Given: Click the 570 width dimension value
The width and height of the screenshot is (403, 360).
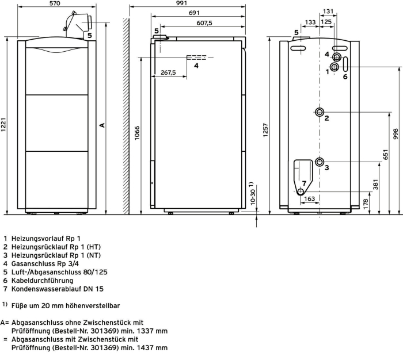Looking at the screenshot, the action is pos(55,3).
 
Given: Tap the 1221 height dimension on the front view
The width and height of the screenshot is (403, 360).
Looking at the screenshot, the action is pos(3,125).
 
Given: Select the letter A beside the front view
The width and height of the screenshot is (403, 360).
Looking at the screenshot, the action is pos(102,125).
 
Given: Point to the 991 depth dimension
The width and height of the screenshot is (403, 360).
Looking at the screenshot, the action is pos(182,3).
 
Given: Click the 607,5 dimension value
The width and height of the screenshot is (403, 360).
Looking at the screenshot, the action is pos(204,23).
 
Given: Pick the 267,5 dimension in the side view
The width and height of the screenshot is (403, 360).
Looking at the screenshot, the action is pos(168,72).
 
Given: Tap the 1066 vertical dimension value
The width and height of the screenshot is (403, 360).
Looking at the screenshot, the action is pos(137,133).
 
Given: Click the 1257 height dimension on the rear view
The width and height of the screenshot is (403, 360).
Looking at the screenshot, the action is pos(265,130).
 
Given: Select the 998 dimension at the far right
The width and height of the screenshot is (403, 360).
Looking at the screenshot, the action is pos(396,135).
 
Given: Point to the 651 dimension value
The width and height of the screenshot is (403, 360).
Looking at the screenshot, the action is pos(386,154).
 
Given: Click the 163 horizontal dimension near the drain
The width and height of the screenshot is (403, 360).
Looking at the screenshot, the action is pos(310,199).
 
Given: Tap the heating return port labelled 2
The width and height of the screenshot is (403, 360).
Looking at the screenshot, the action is pos(320,112).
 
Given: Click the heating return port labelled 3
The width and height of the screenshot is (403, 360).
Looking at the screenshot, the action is pos(320,162).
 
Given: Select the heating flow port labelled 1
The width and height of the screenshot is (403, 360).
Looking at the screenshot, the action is pos(334,67).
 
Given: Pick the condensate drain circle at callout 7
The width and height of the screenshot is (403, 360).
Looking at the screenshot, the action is pos(301,192).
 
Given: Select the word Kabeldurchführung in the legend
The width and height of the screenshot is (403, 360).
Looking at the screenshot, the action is pos(42,281).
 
